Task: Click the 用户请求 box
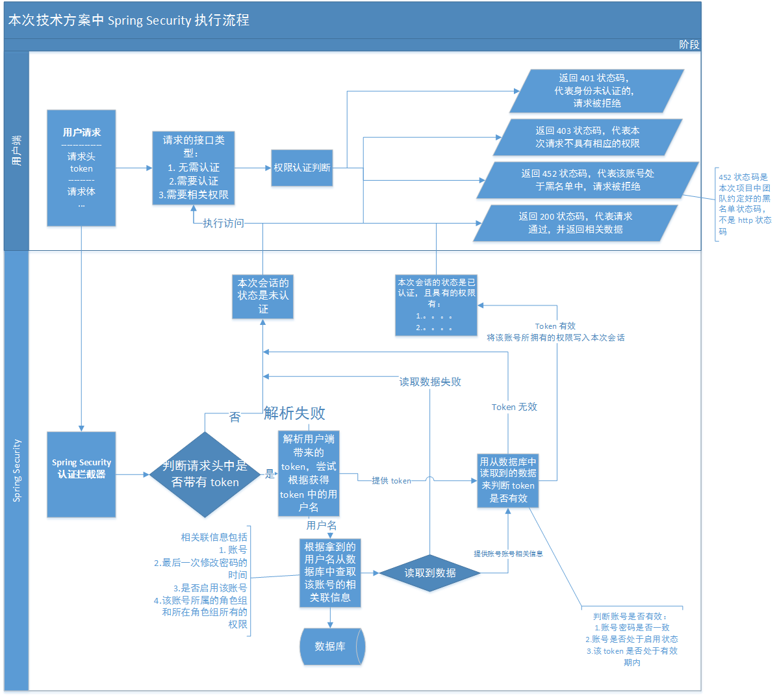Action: point(81,168)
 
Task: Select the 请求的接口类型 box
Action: point(194,168)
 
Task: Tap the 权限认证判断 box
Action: point(301,168)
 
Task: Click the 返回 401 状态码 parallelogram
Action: point(596,91)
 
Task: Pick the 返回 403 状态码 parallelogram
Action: point(587,137)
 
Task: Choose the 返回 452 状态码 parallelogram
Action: point(587,180)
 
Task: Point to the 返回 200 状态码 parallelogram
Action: point(575,223)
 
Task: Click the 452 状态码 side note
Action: point(745,204)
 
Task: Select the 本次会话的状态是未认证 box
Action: point(263,296)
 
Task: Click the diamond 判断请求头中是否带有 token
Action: point(205,474)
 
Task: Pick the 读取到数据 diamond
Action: point(430,573)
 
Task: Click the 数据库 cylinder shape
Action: point(331,647)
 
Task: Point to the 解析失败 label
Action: point(294,413)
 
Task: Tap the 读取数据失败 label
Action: point(430,382)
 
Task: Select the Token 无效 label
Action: point(514,407)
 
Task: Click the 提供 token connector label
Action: point(391,481)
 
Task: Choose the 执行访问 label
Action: point(223,223)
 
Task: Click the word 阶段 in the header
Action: point(689,45)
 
